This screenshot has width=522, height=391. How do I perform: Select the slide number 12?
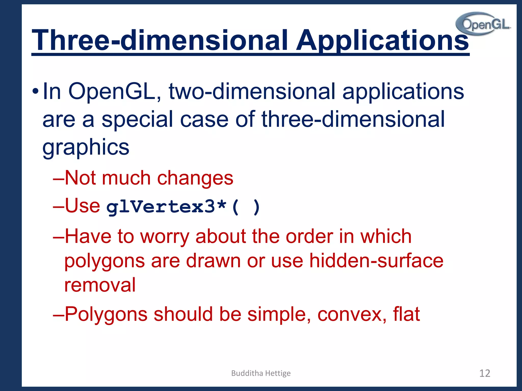[x=485, y=373]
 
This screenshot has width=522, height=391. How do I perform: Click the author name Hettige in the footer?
[x=278, y=373]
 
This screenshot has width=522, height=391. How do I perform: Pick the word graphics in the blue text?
[x=86, y=148]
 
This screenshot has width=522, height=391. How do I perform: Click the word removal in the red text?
[x=100, y=285]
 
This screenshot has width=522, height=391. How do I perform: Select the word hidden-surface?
[x=376, y=261]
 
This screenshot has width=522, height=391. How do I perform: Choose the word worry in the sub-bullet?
[x=165, y=237]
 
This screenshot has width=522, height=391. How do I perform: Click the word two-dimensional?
[x=252, y=92]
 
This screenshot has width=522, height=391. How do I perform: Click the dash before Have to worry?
[x=58, y=237]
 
